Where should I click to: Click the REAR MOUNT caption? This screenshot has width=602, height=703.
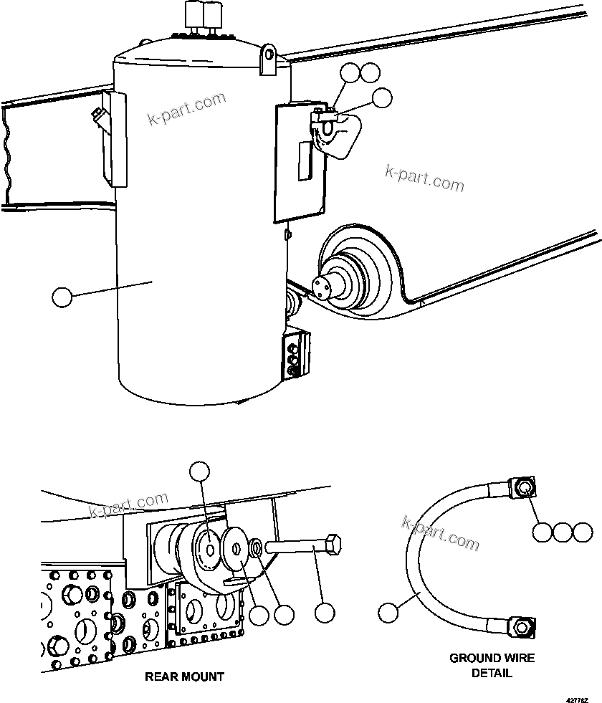click(184, 676)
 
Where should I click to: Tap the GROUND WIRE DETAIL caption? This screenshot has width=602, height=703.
click(492, 665)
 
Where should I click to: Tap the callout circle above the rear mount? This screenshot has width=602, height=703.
click(199, 470)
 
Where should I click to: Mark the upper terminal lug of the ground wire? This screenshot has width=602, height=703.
click(522, 489)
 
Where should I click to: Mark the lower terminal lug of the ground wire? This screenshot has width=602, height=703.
click(522, 626)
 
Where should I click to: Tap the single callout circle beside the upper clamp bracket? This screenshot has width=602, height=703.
click(383, 98)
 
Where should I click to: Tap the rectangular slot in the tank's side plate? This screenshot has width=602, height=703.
click(304, 161)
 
